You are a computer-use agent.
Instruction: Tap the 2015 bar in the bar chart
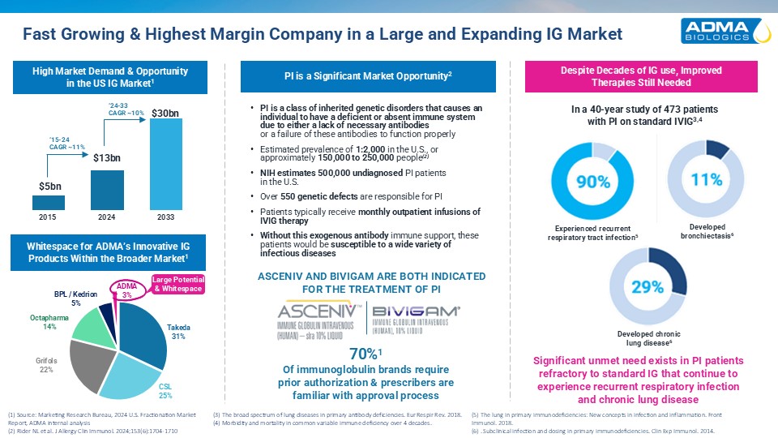[50, 202]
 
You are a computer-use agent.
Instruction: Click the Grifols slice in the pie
[88, 357]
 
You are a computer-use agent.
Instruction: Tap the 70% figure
[362, 354]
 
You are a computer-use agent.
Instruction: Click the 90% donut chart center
[592, 182]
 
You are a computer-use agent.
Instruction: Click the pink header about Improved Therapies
[636, 76]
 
